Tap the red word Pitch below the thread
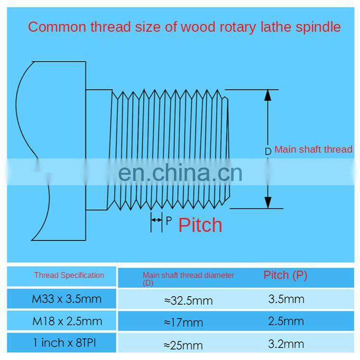pos(200,225)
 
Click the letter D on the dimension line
pos(268,151)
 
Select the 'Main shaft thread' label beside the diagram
pos(313,149)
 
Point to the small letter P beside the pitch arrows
pos(168,221)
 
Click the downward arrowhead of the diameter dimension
pos(268,203)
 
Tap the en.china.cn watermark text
pos(180,173)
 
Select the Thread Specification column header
pos(69,275)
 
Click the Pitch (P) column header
pos(285,275)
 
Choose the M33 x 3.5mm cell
pos(67,299)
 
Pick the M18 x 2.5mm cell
pos(67,321)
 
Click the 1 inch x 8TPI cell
pos(67,343)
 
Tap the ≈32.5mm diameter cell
pos(188,300)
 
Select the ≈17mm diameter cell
pos(183,323)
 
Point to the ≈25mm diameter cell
pos(183,345)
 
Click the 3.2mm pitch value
pos(286,343)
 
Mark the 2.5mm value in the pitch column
pos(286,321)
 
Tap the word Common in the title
pos(55,27)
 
